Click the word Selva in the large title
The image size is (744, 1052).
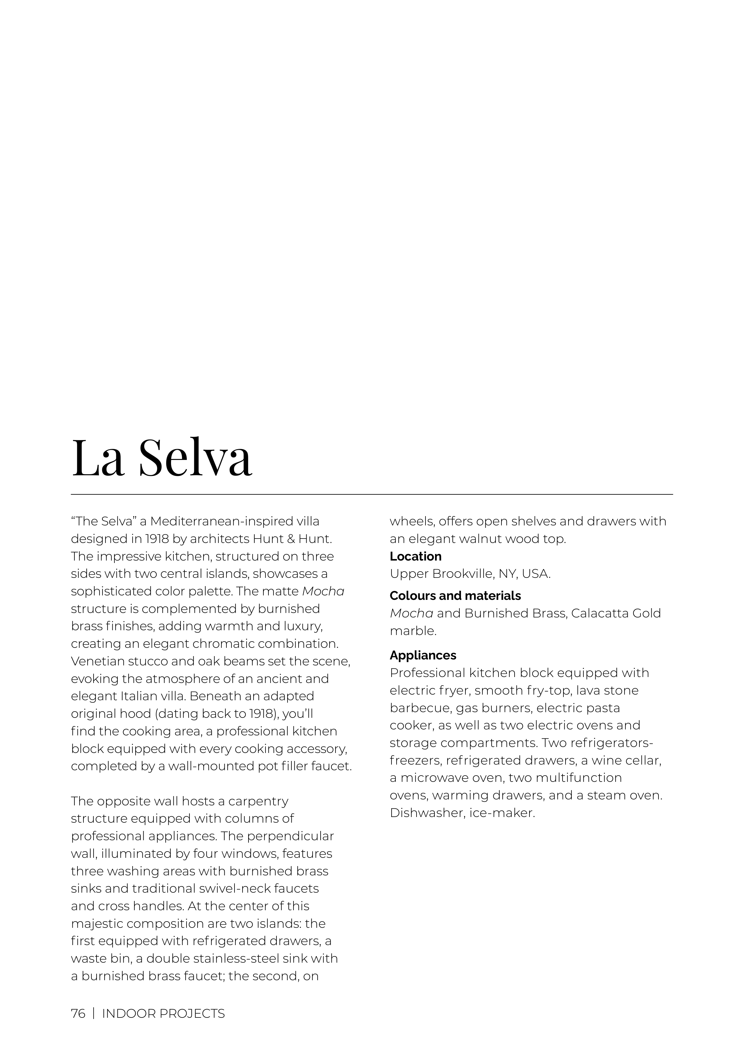[195, 458]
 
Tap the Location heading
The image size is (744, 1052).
[415, 556]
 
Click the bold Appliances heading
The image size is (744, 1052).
[423, 655]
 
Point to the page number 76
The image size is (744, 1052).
[78, 1014]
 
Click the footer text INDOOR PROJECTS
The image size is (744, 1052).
[163, 1014]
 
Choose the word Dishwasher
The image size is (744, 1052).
[426, 813]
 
